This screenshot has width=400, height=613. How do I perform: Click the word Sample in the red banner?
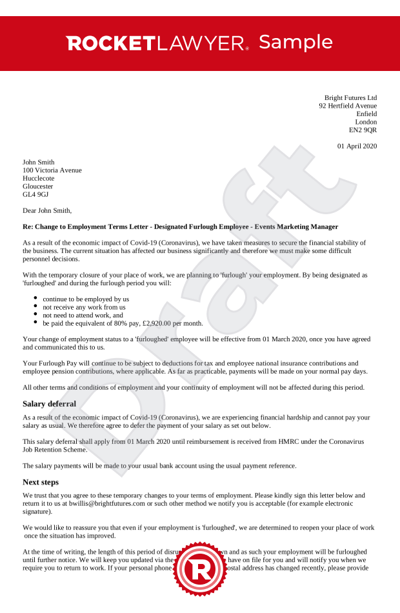click(295, 43)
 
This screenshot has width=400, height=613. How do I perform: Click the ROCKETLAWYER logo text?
click(157, 43)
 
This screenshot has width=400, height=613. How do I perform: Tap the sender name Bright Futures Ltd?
click(350, 97)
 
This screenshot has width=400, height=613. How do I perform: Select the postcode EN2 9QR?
click(363, 130)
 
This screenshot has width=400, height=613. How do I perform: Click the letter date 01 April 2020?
click(357, 146)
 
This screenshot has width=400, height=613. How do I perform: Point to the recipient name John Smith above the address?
click(39, 162)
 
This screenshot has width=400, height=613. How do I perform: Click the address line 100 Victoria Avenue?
click(52, 170)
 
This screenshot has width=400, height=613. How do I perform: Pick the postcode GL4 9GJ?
click(35, 194)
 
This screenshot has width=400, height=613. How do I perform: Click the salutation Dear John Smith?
click(47, 210)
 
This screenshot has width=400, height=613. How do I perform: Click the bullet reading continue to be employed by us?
click(86, 299)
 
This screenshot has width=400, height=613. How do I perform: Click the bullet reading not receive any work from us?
click(84, 307)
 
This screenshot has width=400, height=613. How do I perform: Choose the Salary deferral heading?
click(49, 404)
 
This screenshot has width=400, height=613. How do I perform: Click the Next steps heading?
click(41, 481)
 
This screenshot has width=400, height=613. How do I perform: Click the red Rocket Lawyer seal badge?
click(200, 570)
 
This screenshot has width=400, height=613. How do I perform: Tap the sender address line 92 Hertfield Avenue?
click(348, 106)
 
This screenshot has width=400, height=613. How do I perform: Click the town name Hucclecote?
click(39, 178)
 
